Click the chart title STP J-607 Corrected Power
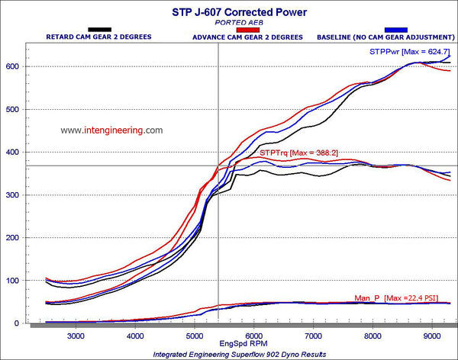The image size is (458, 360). pyautogui.click(x=229, y=11)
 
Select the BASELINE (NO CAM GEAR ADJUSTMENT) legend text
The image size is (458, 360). pyautogui.click(x=382, y=37)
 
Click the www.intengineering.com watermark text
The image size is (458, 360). pyautogui.click(x=111, y=130)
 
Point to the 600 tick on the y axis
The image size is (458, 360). pyautogui.click(x=13, y=67)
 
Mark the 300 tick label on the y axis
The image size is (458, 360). pyautogui.click(x=13, y=195)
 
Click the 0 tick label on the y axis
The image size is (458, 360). pyautogui.click(x=17, y=323)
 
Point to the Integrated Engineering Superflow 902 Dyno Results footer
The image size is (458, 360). pyautogui.click(x=229, y=355)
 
